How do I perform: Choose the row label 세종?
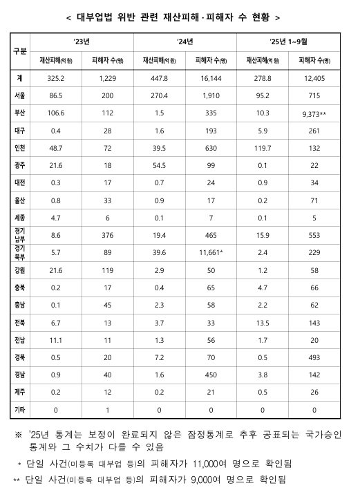pyautogui.click(x=21, y=217)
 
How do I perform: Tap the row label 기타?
pyautogui.click(x=21, y=410)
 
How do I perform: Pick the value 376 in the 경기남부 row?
pyautogui.click(x=107, y=236)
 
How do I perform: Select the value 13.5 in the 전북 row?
pyautogui.click(x=262, y=322)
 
